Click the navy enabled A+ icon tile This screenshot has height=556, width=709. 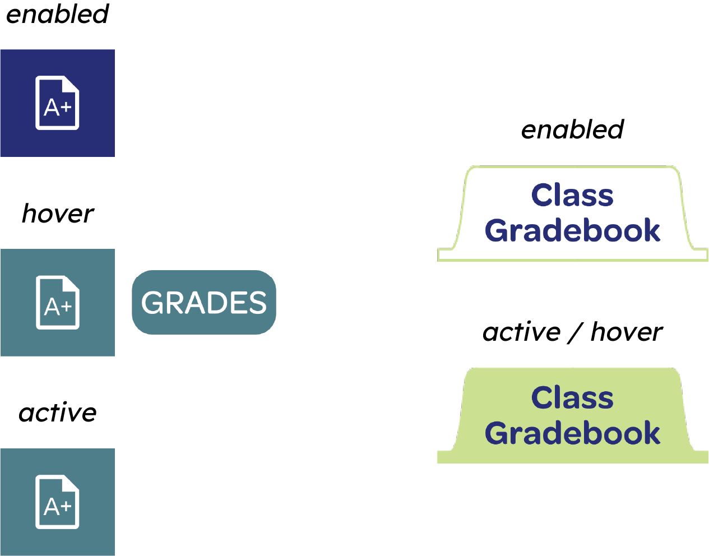tap(57, 103)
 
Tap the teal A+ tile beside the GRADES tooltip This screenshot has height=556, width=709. tap(57, 303)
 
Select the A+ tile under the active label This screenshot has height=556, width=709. tap(57, 502)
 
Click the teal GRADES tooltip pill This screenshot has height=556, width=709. tap(204, 302)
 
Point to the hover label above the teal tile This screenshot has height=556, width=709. tap(58, 214)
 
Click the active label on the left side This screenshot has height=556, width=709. tap(57, 413)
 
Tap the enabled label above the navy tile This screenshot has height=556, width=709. tap(57, 14)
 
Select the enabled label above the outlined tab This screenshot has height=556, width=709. tap(572, 129)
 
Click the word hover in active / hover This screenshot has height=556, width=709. tap(627, 332)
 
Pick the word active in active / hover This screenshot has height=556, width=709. tap(521, 332)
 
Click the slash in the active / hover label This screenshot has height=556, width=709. tap(575, 332)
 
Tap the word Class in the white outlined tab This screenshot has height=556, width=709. tap(572, 195)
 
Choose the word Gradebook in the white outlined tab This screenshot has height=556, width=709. tap(572, 230)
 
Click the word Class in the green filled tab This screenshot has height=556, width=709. tap(572, 397)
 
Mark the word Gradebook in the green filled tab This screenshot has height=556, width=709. tap(572, 433)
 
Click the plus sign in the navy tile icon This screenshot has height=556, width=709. tap(66, 106)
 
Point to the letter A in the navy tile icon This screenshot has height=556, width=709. tap(52, 107)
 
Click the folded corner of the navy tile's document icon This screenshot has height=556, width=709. tap(71, 84)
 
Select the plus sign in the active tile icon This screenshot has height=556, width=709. tap(66, 506)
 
